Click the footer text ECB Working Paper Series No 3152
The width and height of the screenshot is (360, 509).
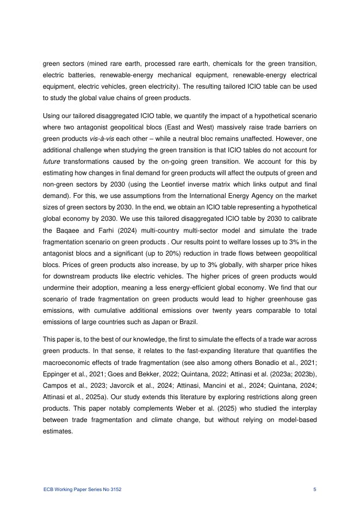pyautogui.click(x=82, y=490)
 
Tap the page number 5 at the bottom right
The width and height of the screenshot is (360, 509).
pyautogui.click(x=315, y=490)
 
